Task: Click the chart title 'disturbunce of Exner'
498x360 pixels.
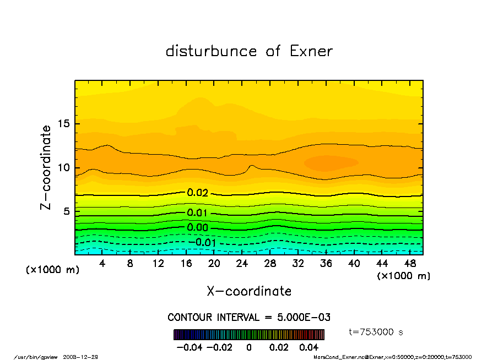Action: coord(249,51)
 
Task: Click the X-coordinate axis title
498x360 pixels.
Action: coord(249,291)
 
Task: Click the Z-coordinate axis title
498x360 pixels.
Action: coord(46,167)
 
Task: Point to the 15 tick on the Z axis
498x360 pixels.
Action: coord(65,123)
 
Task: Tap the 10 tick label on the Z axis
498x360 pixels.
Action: coord(65,168)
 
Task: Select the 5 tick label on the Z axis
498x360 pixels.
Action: coord(68,211)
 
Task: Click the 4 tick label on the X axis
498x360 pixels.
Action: coord(102,264)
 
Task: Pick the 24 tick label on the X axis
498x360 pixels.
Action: coord(242,264)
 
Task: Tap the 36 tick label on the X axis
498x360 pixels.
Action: coord(326,264)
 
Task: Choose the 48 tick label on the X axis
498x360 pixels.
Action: coord(410,264)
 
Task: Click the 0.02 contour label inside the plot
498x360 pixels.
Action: coord(197,193)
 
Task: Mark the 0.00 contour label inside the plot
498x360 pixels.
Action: coord(197,227)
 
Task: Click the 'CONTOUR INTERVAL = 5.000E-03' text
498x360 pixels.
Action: coord(249,317)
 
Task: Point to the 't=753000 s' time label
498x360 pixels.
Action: coord(376,332)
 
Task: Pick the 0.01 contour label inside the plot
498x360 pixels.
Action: coord(197,213)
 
